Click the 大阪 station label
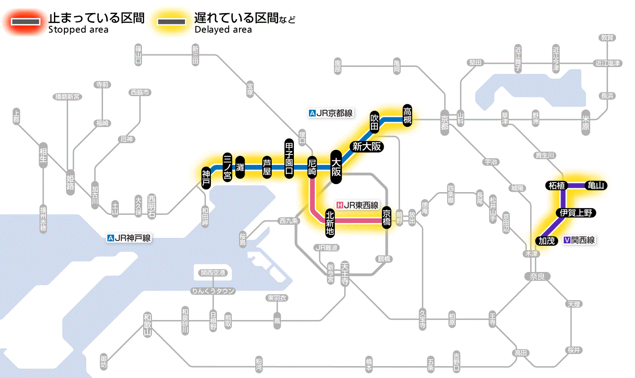(x=336, y=167)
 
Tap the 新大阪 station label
(x=366, y=146)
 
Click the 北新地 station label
(x=330, y=223)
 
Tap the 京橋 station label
(x=386, y=218)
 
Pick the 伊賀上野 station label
(x=576, y=213)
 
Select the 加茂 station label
(x=547, y=241)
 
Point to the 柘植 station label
(x=556, y=185)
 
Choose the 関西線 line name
(x=579, y=241)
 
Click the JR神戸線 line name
(x=129, y=238)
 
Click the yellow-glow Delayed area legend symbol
(x=172, y=22)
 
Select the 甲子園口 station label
(x=290, y=158)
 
